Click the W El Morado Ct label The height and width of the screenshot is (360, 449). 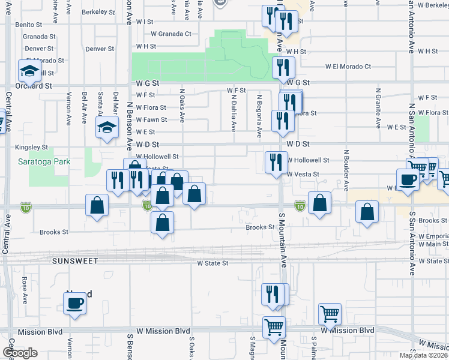coord(348,67)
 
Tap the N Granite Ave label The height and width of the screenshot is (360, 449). coord(379,111)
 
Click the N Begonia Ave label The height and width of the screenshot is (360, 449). coord(259,114)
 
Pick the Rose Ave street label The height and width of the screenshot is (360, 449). coord(24,290)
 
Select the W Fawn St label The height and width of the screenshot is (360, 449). coord(151,120)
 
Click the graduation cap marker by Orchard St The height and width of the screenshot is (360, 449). coord(29,71)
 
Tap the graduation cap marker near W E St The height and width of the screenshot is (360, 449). coord(107,127)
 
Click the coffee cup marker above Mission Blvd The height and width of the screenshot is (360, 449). coord(74,302)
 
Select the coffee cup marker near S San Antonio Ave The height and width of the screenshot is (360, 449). coord(408,179)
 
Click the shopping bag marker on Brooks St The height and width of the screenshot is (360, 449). coord(162,223)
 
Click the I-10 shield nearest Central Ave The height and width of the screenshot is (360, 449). coord(25,206)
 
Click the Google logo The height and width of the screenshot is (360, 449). coord(20,353)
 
